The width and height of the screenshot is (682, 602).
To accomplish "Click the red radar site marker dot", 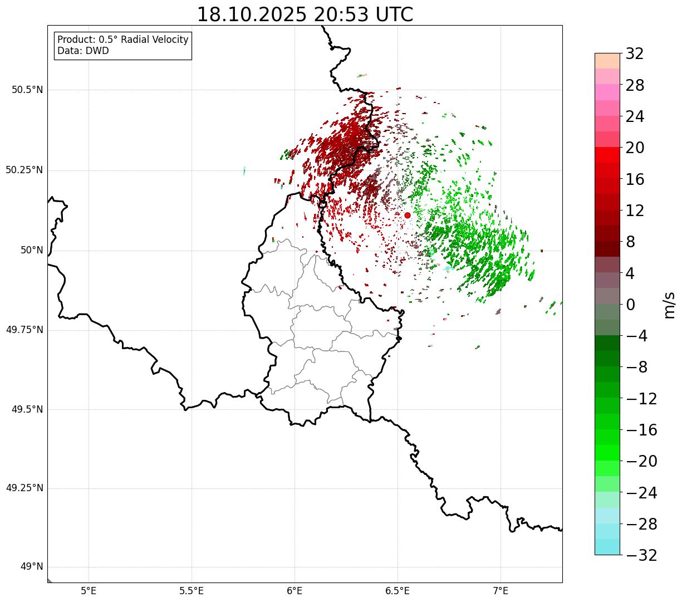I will click(x=408, y=215).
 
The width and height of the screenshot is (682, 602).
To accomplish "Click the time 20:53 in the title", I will click(x=341, y=14).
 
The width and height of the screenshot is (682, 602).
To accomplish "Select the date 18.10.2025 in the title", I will click(x=252, y=14).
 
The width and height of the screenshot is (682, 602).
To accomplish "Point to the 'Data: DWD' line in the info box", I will click(x=83, y=51).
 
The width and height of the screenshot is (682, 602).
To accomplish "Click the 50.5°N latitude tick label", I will click(x=27, y=90).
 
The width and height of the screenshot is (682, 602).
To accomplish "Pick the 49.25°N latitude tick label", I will click(x=24, y=488).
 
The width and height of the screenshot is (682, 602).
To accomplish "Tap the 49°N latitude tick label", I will click(x=31, y=567).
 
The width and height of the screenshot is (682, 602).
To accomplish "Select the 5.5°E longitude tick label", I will click(x=192, y=590).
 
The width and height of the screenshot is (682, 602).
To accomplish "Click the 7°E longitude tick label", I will click(x=501, y=590).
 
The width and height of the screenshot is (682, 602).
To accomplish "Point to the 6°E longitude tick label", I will click(x=295, y=590).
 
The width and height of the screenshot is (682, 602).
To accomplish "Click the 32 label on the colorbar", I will click(x=635, y=53).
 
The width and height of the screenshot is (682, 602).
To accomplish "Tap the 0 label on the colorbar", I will click(x=630, y=305).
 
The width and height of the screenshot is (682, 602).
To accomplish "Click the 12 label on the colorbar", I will click(x=635, y=211).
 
